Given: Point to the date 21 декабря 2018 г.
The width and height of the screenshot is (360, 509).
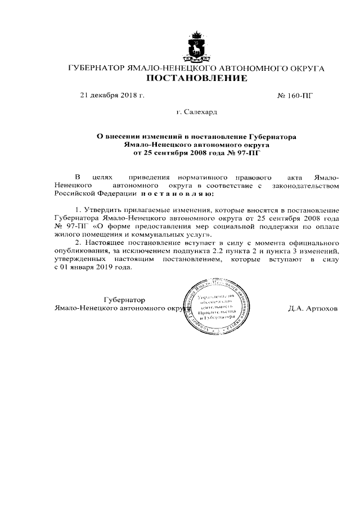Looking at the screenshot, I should click(112, 95).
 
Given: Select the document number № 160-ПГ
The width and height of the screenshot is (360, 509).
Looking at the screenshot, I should click(295, 95).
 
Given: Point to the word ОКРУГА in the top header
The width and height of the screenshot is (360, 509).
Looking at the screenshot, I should click(306, 67).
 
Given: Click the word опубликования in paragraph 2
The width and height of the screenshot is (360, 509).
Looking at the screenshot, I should click(82, 250).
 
